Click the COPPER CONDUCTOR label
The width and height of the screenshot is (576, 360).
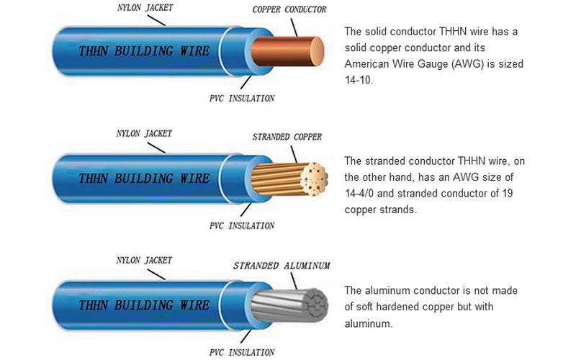tap(289, 9)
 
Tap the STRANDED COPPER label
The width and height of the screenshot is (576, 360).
tap(287, 137)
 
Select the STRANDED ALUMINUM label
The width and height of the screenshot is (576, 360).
tap(282, 266)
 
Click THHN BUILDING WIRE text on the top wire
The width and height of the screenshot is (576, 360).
tap(143, 51)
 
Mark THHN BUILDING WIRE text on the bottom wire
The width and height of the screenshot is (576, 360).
tap(143, 305)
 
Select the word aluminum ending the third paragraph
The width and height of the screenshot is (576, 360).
tap(368, 324)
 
